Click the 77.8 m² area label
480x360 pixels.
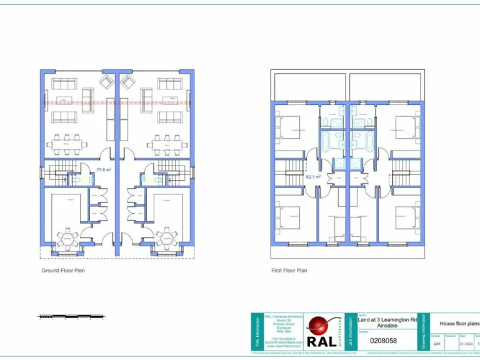[103, 169]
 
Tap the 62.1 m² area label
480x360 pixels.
[312, 177]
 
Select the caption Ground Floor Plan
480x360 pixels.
[62, 271]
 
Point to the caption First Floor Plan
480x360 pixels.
[289, 271]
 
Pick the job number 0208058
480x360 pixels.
[383, 341]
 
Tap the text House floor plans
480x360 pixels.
[459, 323]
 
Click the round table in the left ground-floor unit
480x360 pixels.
[67, 238]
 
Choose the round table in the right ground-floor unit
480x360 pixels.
[167, 238]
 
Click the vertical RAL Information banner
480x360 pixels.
[257, 331]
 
